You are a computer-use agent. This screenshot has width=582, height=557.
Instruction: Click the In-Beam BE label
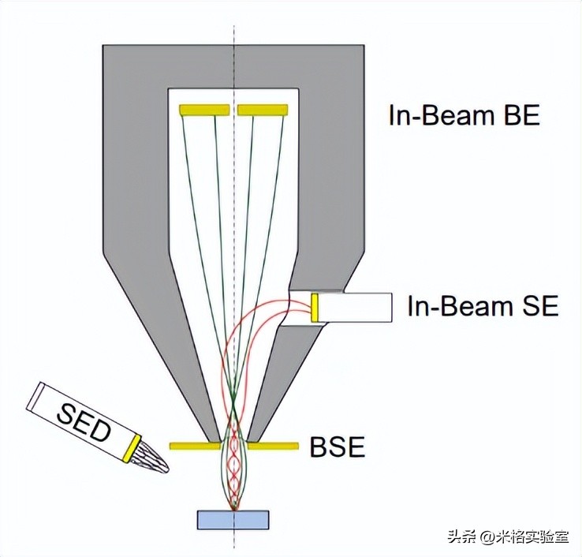click(464, 115)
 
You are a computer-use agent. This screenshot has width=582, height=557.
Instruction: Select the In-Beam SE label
click(483, 306)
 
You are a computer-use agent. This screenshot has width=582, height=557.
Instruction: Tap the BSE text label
click(337, 448)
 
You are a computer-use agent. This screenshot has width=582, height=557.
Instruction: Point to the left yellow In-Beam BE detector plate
click(204, 110)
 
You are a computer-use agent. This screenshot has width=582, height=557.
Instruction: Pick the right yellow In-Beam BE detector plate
click(263, 110)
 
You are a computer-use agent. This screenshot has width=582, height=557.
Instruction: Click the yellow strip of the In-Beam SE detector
click(314, 307)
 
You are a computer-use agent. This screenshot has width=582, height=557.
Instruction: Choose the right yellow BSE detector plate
click(273, 446)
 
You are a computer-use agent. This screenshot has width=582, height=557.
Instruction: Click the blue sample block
click(233, 519)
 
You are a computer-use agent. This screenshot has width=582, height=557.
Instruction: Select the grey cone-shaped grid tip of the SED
click(153, 461)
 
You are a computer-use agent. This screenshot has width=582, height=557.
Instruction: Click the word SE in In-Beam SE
click(539, 306)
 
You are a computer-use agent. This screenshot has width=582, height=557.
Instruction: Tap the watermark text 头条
click(464, 538)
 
